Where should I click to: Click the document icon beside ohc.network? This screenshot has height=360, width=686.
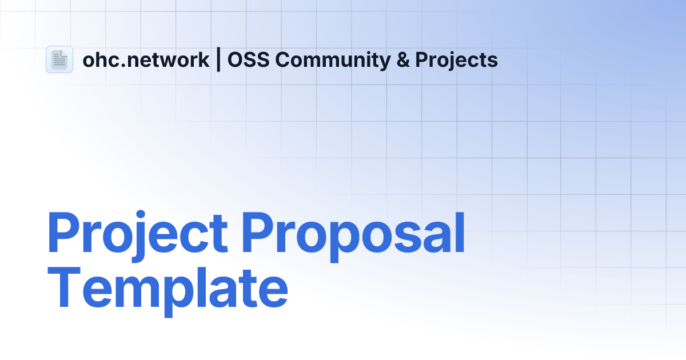(x=59, y=59)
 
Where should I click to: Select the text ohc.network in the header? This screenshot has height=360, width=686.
(x=146, y=60)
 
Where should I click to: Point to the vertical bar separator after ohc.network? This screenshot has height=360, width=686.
(x=218, y=60)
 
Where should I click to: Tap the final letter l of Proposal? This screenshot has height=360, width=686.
(x=460, y=231)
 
